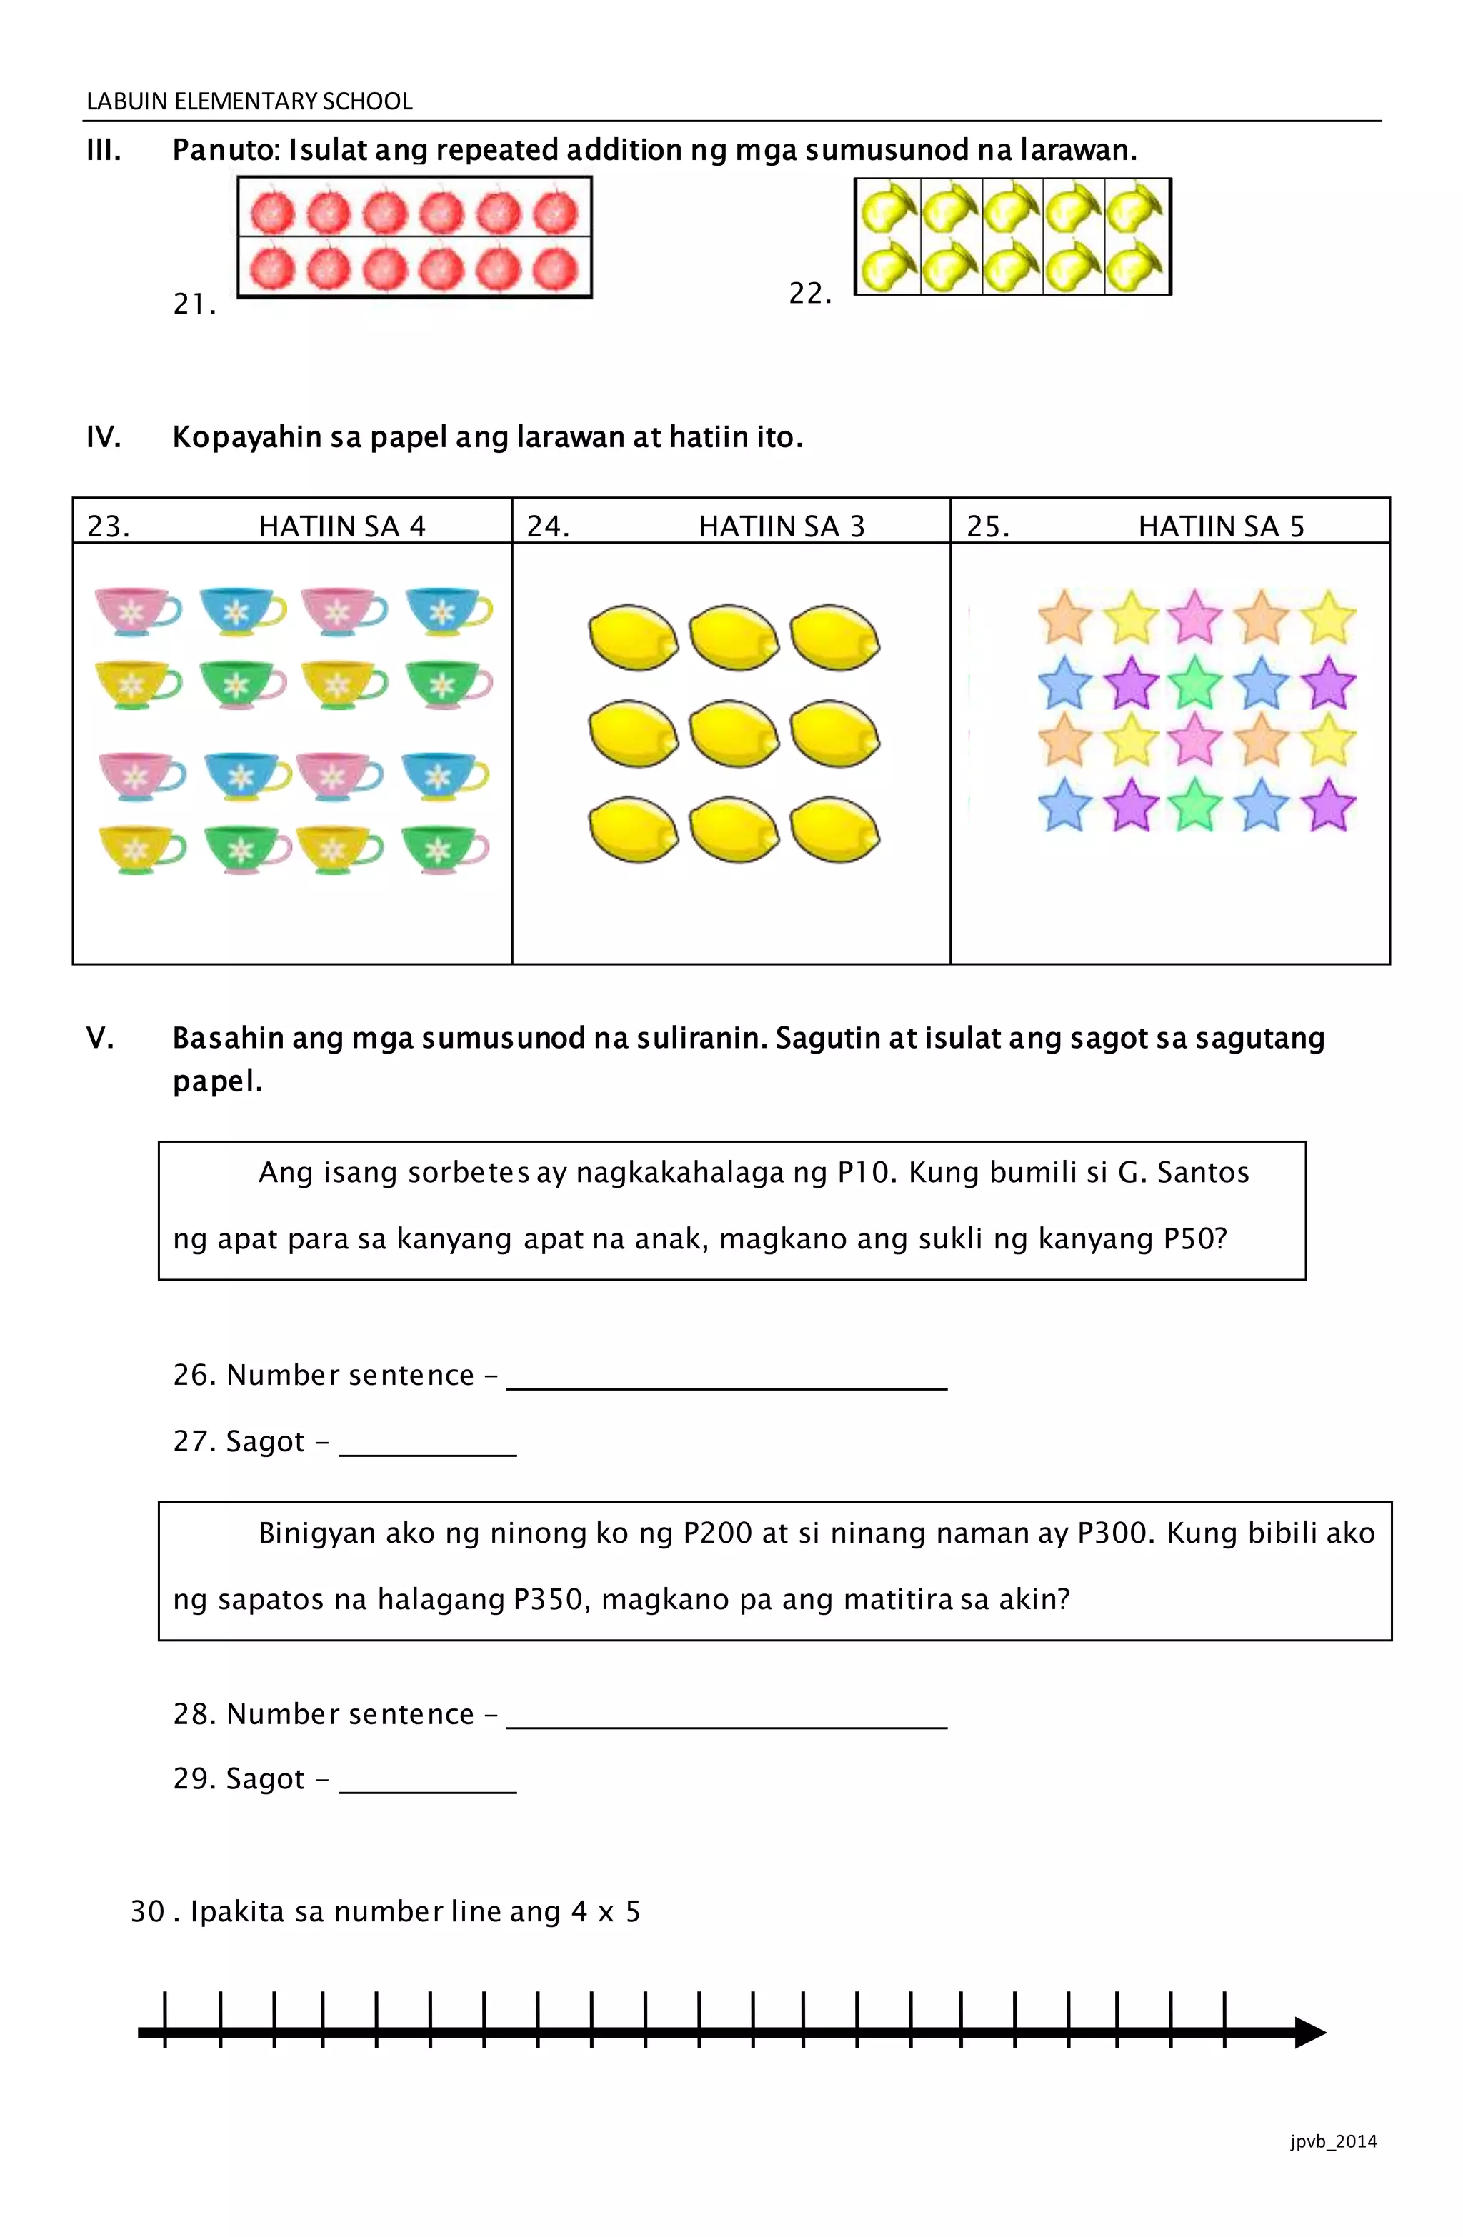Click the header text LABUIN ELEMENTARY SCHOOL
[x=249, y=101]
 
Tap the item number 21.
[x=194, y=304]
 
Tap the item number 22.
[x=809, y=294]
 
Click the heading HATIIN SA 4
[x=342, y=526]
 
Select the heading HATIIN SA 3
[x=782, y=526]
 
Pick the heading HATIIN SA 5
[x=1222, y=526]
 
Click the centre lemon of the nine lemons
[x=734, y=733]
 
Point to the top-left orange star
[x=1064, y=618]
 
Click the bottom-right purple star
[x=1327, y=806]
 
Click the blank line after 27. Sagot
[x=428, y=1453]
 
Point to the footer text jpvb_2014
[x=1333, y=2141]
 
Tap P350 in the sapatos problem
[x=549, y=1598]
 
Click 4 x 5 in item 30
[x=606, y=1912]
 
